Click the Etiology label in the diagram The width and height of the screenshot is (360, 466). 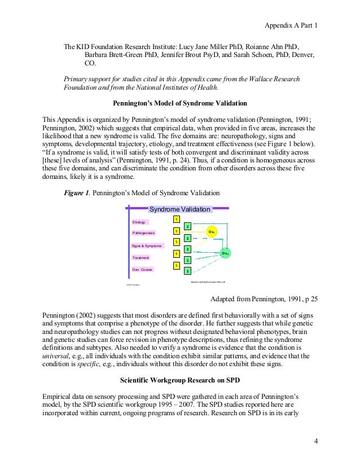[138, 223]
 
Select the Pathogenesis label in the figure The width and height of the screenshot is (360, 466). [143, 233]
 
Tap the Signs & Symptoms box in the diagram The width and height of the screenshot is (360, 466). [147, 246]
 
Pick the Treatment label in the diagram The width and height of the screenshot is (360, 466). [141, 258]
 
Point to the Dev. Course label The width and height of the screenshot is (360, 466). [142, 270]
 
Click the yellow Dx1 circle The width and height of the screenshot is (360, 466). [211, 232]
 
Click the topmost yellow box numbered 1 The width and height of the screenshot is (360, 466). [177, 219]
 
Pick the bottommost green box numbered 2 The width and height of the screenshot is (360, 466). [187, 271]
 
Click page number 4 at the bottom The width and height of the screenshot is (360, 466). [316, 440]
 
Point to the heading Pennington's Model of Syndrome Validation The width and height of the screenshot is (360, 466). [180, 104]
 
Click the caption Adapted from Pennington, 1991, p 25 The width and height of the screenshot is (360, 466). [263, 298]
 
